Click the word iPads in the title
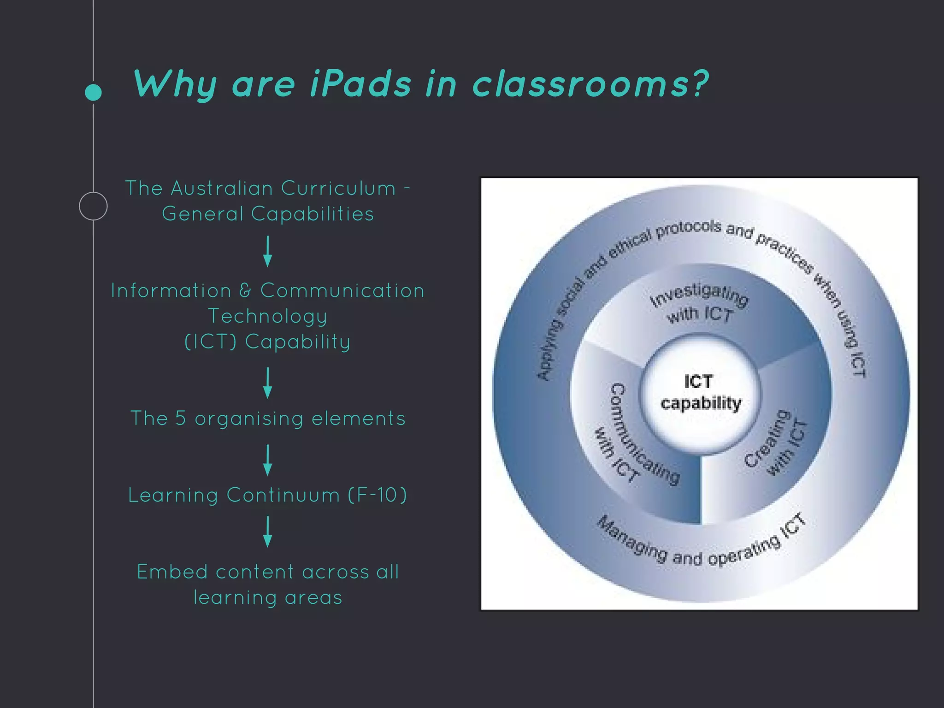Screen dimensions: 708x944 [x=360, y=84]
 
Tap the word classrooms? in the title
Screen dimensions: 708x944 [x=590, y=84]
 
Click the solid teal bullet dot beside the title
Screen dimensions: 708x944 [x=94, y=92]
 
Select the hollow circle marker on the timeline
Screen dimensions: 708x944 [x=93, y=206]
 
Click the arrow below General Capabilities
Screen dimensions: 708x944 [x=267, y=252]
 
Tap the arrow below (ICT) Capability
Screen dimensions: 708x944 [x=267, y=383]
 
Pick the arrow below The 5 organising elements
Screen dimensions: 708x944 [x=267, y=460]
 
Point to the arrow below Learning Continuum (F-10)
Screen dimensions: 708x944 [x=267, y=531]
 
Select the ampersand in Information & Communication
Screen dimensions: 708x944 [x=246, y=290]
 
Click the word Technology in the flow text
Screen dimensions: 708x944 [x=268, y=317]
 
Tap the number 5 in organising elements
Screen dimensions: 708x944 [x=180, y=418]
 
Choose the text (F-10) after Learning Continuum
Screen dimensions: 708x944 [x=378, y=495]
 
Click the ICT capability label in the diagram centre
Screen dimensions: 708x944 [x=700, y=392]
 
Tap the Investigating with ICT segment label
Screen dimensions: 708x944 [x=700, y=304]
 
